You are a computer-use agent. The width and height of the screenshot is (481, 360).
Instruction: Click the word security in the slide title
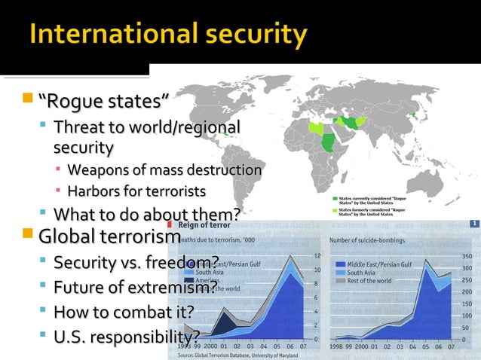coord(254,36)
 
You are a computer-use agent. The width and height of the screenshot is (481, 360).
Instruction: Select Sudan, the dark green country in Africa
coord(329,141)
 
